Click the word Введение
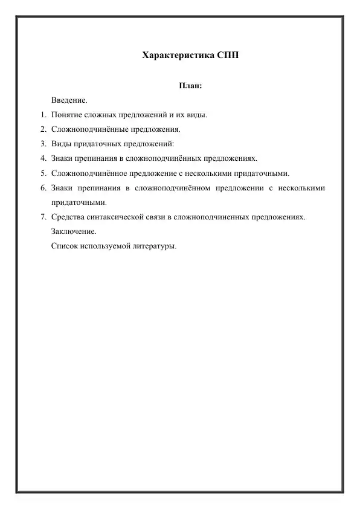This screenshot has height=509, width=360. [69, 100]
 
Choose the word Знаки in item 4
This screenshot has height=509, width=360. [62, 158]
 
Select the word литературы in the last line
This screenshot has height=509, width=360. [154, 246]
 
